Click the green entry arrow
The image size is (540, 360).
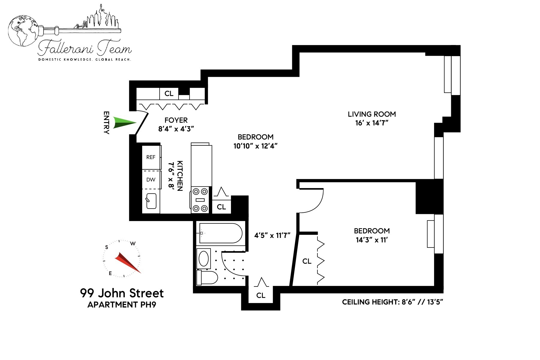[124, 123]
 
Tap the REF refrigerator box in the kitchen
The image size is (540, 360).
[151, 157]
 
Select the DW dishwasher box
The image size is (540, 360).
[151, 180]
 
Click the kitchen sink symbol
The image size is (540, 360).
[151, 201]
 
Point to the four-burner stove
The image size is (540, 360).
[200, 200]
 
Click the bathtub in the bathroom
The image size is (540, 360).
[220, 233]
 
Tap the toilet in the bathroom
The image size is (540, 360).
[207, 278]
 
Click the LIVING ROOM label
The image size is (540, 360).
[372, 114]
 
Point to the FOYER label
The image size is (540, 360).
[176, 120]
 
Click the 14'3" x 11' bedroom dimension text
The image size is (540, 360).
[372, 240]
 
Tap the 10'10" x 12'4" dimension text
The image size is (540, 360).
[255, 146]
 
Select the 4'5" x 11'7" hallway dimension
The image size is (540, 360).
[272, 235]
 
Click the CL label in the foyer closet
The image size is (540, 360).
[169, 94]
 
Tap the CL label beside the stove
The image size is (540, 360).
[221, 207]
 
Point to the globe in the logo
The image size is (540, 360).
[23, 31]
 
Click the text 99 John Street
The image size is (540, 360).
[122, 293]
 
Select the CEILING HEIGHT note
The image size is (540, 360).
[392, 302]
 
